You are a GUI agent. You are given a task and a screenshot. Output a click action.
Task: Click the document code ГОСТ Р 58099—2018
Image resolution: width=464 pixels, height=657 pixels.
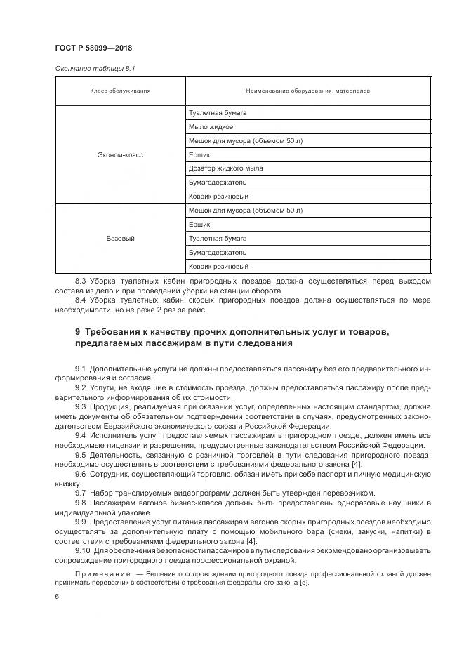(x=93, y=48)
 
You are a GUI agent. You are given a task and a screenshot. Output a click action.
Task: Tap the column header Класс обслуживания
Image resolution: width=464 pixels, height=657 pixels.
(x=120, y=91)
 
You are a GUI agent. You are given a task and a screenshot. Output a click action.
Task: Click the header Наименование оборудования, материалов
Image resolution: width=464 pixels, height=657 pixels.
(x=307, y=91)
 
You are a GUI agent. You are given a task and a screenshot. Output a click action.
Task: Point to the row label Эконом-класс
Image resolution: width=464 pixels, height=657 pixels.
(x=120, y=154)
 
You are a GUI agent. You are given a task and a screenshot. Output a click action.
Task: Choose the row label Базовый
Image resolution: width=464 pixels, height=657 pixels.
(x=120, y=239)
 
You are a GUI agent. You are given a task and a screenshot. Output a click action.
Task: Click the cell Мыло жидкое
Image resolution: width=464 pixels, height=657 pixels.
(x=211, y=127)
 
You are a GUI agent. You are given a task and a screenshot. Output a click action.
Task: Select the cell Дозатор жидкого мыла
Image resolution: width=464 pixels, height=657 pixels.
(x=225, y=168)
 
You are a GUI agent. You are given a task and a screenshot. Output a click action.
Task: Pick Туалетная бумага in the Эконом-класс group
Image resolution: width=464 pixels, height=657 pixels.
(x=218, y=113)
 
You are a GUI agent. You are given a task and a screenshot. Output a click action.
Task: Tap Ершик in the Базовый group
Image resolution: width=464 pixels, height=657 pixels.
(x=200, y=225)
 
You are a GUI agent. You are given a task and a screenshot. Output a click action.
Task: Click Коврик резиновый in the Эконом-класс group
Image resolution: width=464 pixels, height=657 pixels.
(x=218, y=197)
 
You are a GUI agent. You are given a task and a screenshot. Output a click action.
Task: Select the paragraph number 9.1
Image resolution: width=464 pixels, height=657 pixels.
(x=80, y=369)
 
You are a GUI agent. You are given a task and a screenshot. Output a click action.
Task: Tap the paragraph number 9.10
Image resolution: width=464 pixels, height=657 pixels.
(x=82, y=550)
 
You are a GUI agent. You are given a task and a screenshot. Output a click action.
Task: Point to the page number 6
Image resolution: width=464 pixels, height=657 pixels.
(x=56, y=597)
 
